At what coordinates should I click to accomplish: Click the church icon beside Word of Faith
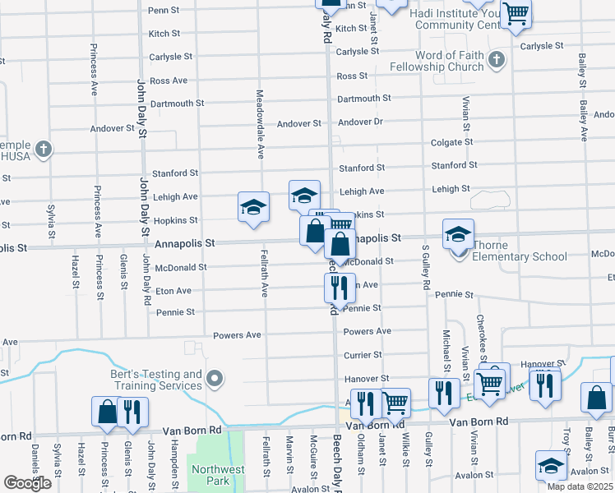496,59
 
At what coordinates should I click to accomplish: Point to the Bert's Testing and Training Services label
156,380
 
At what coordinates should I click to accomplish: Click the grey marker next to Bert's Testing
215,379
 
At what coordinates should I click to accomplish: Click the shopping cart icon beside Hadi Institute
516,12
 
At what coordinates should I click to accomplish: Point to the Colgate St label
452,142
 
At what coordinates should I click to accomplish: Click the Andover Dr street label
360,122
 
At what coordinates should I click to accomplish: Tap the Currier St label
363,355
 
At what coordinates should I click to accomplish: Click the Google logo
27,483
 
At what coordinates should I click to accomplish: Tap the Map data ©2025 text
580,486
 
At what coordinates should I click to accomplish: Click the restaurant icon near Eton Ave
339,288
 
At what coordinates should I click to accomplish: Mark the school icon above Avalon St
551,465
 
